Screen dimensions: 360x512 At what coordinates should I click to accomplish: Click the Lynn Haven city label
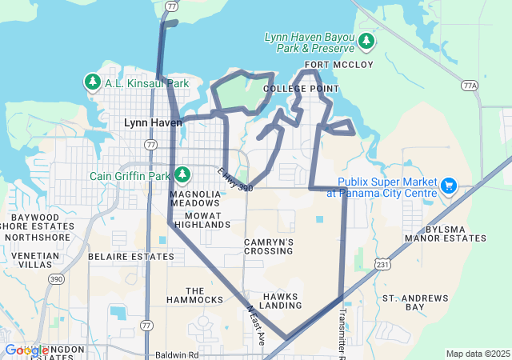pos(154,122)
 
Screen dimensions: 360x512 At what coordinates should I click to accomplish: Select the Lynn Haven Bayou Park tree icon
pos(366,40)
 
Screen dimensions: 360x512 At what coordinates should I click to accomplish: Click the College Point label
pos(301,88)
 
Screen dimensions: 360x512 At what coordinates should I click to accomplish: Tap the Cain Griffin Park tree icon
pos(182,174)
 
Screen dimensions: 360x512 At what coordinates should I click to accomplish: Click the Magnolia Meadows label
pos(194,199)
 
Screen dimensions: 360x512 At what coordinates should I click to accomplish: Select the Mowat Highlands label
pos(202,220)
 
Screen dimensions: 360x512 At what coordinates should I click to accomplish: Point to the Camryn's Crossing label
pos(269,246)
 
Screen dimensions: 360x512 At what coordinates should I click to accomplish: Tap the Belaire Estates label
pos(130,257)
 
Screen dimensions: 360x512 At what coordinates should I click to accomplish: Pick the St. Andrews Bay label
pos(415,302)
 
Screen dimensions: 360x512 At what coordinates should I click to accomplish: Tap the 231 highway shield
pos(383,263)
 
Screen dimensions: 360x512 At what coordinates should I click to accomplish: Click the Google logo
pos(26,350)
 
